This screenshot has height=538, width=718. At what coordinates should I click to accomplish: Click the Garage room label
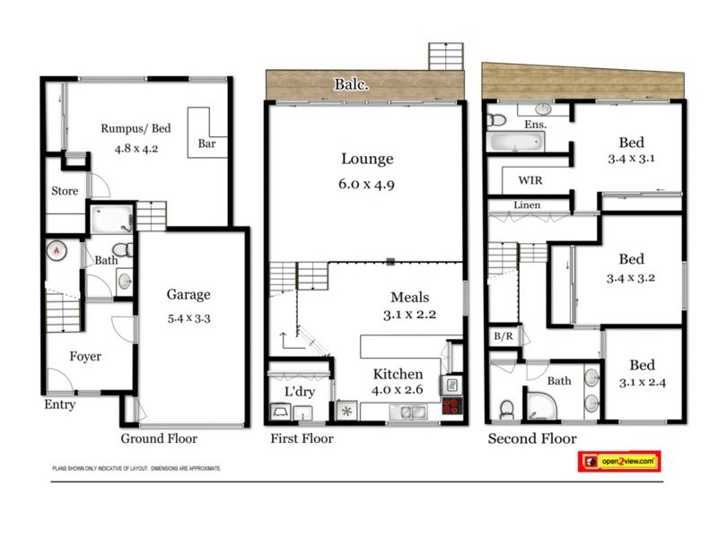click(188, 294)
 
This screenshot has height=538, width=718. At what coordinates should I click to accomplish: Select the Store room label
click(65, 191)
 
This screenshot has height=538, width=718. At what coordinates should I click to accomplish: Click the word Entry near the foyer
click(60, 404)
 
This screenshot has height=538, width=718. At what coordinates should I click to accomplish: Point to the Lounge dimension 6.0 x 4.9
click(367, 186)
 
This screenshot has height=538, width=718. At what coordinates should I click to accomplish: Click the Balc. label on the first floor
click(352, 85)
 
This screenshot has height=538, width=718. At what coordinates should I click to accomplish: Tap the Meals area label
click(409, 298)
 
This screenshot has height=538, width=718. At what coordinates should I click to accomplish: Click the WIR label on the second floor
click(530, 179)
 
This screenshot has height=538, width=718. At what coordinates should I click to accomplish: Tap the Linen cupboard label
click(527, 205)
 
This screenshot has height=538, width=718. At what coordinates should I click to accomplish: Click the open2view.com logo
click(618, 461)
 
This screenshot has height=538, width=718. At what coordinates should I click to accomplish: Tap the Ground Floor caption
click(159, 438)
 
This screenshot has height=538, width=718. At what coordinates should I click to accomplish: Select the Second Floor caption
click(531, 438)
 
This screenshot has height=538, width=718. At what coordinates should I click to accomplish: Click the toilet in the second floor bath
click(505, 409)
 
